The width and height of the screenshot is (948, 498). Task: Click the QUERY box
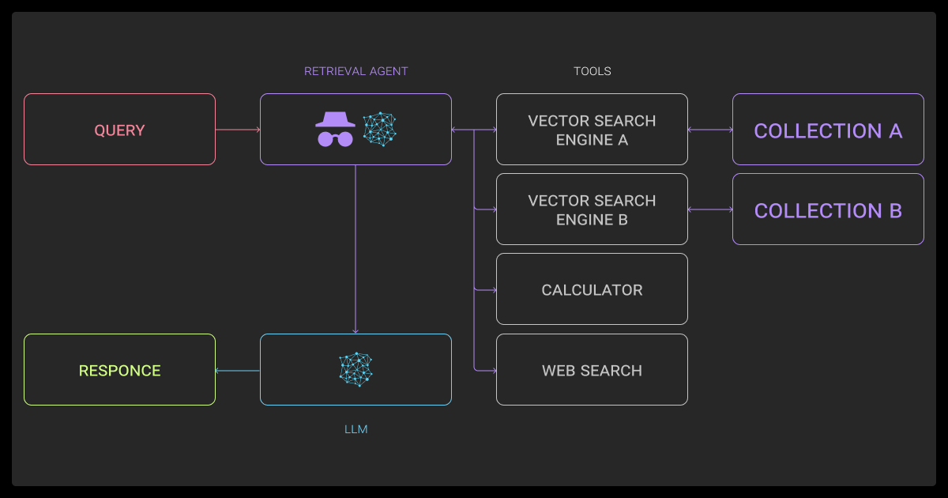click(x=119, y=130)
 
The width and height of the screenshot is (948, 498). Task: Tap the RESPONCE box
click(x=119, y=370)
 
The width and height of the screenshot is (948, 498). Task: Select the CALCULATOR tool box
click(x=592, y=289)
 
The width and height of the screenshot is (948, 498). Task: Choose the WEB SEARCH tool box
click(x=592, y=370)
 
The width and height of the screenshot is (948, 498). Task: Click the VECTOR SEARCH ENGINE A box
click(x=592, y=130)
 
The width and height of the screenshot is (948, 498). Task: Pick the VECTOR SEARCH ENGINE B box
click(x=592, y=209)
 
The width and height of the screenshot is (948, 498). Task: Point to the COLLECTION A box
click(x=828, y=130)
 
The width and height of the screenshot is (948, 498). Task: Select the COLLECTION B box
click(x=828, y=209)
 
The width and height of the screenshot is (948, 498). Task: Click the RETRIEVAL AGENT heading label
click(x=356, y=71)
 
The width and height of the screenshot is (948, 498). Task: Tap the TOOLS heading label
click(x=592, y=71)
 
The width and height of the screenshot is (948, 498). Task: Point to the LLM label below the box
click(x=356, y=429)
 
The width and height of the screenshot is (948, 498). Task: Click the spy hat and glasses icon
click(x=335, y=129)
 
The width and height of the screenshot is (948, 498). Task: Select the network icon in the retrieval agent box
click(x=379, y=130)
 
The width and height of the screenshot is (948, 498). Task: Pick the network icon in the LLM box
click(x=355, y=369)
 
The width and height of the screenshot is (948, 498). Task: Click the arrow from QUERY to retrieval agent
click(x=238, y=130)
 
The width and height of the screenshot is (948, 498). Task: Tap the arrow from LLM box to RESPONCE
click(x=238, y=370)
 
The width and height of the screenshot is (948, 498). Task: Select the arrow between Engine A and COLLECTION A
click(x=710, y=130)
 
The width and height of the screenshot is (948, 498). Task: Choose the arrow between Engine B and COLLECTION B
click(x=710, y=209)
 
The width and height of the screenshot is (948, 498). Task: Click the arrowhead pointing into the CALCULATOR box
click(x=493, y=289)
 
